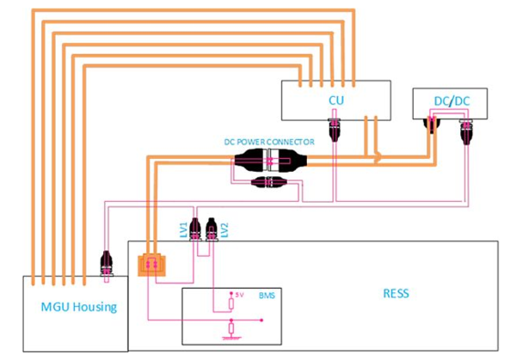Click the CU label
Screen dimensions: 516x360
click(x=336, y=100)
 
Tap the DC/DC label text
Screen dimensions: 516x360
click(x=451, y=101)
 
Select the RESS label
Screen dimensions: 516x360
click(x=396, y=293)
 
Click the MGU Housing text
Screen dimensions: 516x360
click(x=79, y=307)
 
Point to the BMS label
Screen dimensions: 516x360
click(x=267, y=296)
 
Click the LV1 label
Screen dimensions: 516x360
click(x=184, y=229)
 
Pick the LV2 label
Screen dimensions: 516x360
click(x=224, y=229)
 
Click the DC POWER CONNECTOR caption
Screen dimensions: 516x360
click(x=269, y=142)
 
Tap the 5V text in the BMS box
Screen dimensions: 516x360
click(x=239, y=295)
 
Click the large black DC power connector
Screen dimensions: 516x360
click(x=271, y=160)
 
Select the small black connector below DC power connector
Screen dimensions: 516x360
click(x=269, y=182)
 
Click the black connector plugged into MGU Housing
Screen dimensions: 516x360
click(x=107, y=263)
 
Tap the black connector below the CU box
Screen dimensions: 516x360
click(x=334, y=129)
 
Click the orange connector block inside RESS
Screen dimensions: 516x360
click(x=151, y=265)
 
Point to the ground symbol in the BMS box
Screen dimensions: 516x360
click(x=231, y=338)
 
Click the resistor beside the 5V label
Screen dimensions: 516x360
click(x=231, y=303)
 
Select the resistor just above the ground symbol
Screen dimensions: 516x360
click(x=231, y=328)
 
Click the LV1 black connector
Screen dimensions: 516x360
click(x=195, y=229)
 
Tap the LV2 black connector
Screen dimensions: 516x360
click(x=212, y=229)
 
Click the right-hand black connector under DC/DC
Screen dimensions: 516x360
click(x=466, y=131)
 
